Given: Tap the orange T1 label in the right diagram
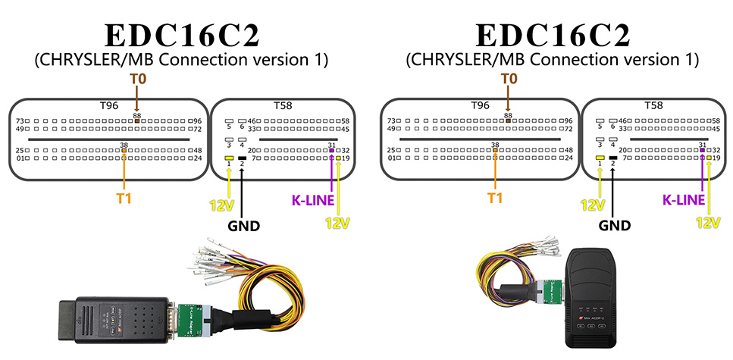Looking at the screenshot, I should point(495,199).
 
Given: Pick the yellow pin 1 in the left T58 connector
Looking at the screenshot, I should point(229,157).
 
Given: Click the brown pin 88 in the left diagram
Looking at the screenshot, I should point(136,121).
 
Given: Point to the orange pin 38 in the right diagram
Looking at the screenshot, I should point(495,150).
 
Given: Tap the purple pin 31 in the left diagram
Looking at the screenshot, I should point(331,151).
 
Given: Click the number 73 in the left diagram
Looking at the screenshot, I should point(20,121).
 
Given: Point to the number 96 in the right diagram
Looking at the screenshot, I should point(565,121).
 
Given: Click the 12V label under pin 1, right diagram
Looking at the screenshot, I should point(592,205).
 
